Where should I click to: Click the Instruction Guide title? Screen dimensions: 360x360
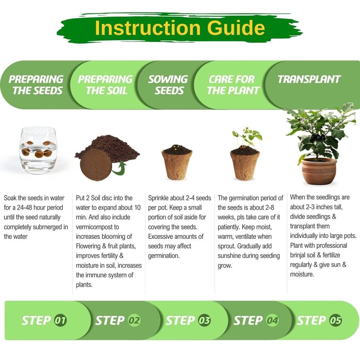180,28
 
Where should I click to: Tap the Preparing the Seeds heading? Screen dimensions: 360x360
36,85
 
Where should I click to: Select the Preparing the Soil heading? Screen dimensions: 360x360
105,85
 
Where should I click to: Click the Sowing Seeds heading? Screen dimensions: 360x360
168,85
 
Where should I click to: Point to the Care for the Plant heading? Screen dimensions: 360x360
233,85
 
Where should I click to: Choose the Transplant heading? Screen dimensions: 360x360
309,79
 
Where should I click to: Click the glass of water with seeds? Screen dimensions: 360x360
38,150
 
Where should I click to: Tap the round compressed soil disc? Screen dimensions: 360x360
96,164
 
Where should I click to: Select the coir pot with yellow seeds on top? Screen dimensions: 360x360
177,162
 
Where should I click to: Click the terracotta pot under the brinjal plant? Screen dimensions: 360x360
319,171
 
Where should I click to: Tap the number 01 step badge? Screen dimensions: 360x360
60,320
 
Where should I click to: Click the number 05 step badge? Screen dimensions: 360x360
335,320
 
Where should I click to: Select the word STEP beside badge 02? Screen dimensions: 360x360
110,320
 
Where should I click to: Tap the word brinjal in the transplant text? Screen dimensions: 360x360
298,255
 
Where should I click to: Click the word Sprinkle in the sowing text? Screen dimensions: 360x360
158,198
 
